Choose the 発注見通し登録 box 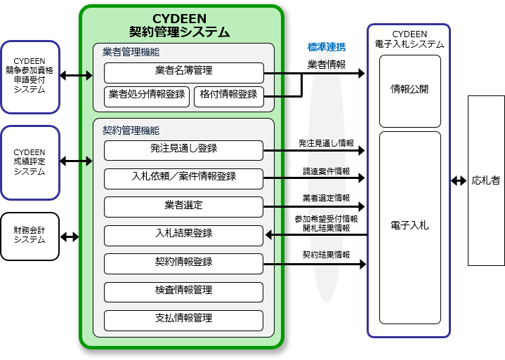click(x=183, y=149)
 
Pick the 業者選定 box click(x=183, y=206)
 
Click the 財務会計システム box click(x=29, y=236)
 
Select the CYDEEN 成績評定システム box click(x=29, y=162)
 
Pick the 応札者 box click(x=486, y=180)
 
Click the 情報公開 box click(x=409, y=91)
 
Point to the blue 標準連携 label click(x=327, y=48)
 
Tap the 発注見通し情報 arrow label click(x=326, y=143)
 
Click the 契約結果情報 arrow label click(x=326, y=255)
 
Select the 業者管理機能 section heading click(x=131, y=52)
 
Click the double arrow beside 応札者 click(x=459, y=180)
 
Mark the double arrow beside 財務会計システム click(x=70, y=236)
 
